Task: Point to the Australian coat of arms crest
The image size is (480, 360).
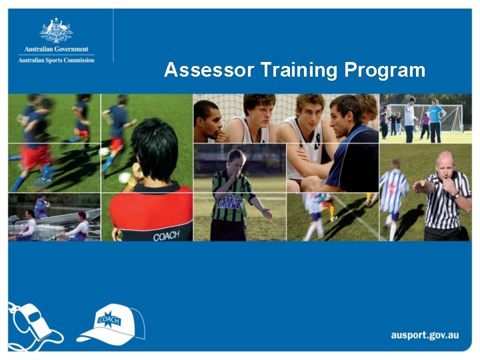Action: click(x=56, y=31)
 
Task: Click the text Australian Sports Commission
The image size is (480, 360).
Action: click(x=56, y=60)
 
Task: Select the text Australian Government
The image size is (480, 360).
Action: click(x=56, y=49)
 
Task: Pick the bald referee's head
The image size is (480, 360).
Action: click(x=445, y=163)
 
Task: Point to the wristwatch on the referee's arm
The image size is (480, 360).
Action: click(x=456, y=195)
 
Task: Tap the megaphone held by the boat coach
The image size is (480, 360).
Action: click(x=47, y=204)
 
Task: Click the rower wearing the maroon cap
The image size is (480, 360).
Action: click(x=79, y=226)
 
